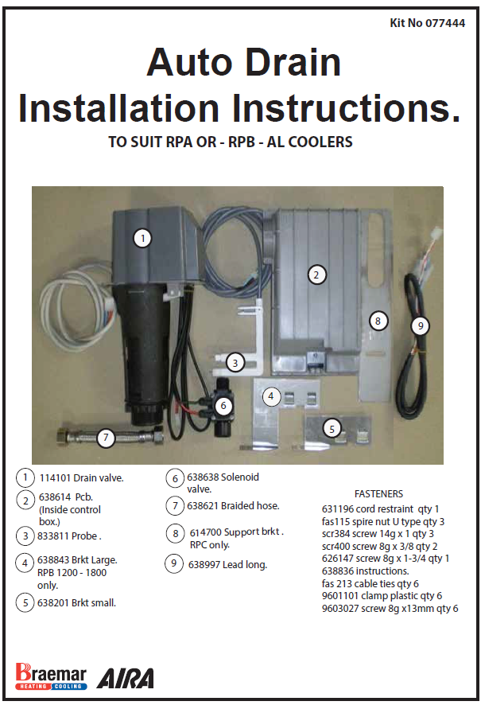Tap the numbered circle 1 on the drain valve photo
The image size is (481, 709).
pyautogui.click(x=142, y=237)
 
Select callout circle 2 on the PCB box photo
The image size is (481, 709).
pyautogui.click(x=316, y=275)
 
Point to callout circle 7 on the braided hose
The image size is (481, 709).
pyautogui.click(x=106, y=437)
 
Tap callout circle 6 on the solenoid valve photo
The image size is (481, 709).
pyautogui.click(x=224, y=406)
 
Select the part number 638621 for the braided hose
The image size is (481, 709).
pyautogui.click(x=203, y=505)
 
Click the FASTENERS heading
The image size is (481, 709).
pyautogui.click(x=378, y=494)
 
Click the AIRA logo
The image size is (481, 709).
pyautogui.click(x=125, y=677)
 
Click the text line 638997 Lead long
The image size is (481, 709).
pyautogui.click(x=227, y=564)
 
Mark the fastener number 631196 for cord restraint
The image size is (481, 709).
pyautogui.click(x=339, y=508)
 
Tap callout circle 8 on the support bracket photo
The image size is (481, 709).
pyautogui.click(x=378, y=321)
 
